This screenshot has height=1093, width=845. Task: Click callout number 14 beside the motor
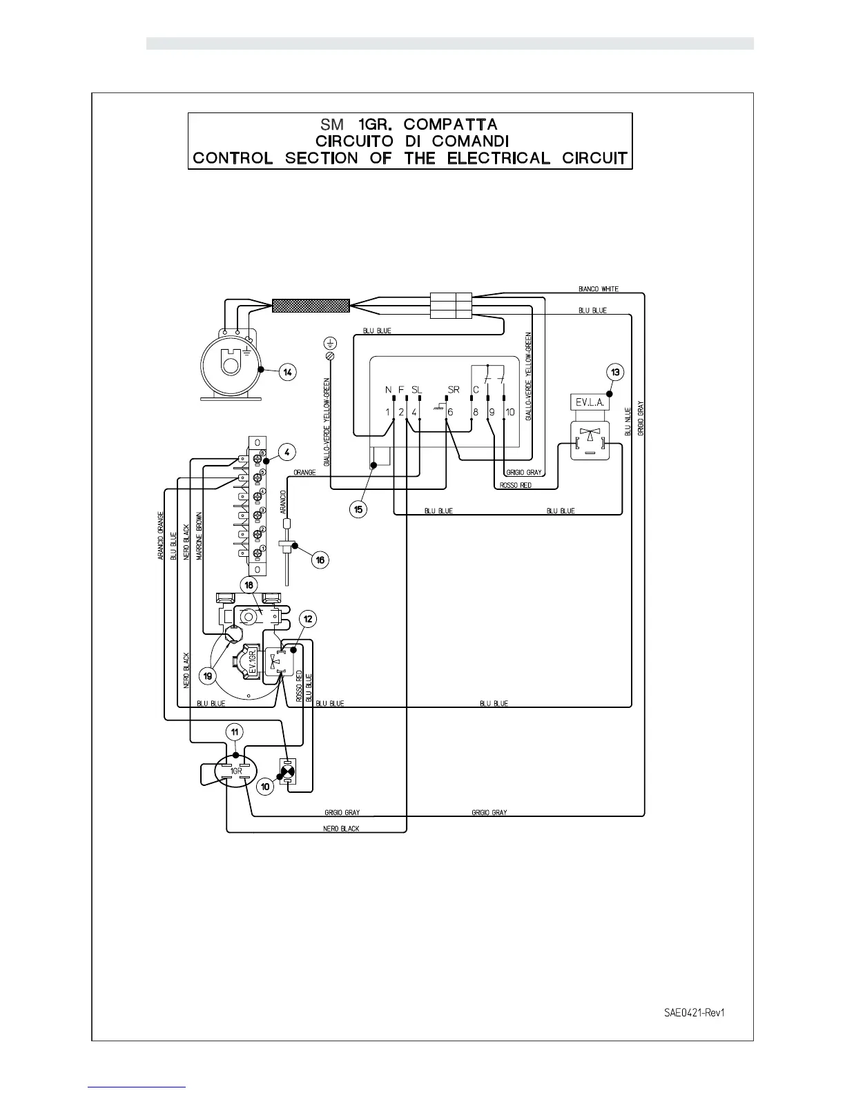pyautogui.click(x=288, y=373)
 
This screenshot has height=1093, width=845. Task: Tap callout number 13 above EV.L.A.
pyautogui.click(x=615, y=373)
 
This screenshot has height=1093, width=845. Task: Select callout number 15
pyautogui.click(x=358, y=510)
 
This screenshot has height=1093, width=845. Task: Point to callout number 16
pyautogui.click(x=320, y=560)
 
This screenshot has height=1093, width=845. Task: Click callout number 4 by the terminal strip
pyautogui.click(x=287, y=453)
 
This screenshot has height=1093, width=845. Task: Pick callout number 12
pyautogui.click(x=308, y=619)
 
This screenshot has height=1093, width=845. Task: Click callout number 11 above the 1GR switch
pyautogui.click(x=235, y=732)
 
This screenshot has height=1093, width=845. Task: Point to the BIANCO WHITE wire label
pyautogui.click(x=598, y=289)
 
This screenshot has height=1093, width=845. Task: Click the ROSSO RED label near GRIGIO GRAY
pyautogui.click(x=515, y=486)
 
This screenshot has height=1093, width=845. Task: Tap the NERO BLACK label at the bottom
pyautogui.click(x=341, y=828)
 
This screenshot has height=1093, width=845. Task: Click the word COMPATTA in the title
pyautogui.click(x=450, y=124)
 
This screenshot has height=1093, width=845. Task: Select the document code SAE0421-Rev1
pyautogui.click(x=694, y=1013)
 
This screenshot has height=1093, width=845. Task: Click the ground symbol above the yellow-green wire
pyautogui.click(x=331, y=342)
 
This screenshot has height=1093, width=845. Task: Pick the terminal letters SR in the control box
pyautogui.click(x=453, y=390)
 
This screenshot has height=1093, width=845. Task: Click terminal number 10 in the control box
pyautogui.click(x=510, y=412)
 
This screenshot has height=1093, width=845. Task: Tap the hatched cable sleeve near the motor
pyautogui.click(x=311, y=305)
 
